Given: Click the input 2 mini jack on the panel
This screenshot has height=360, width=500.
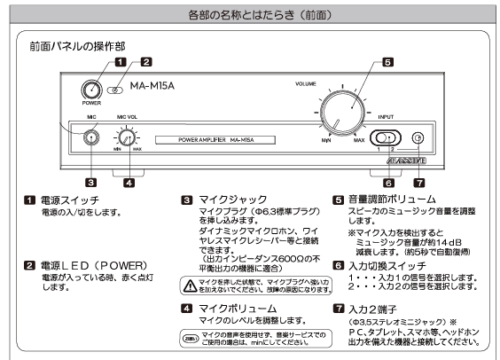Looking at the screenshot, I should tap(418, 138).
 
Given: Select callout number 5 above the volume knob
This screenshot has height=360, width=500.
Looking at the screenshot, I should tap(387, 62).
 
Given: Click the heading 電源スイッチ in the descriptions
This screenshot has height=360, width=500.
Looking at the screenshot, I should tap(75, 200).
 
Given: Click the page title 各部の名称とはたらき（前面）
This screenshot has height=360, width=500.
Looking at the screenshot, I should tap(249, 15).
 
